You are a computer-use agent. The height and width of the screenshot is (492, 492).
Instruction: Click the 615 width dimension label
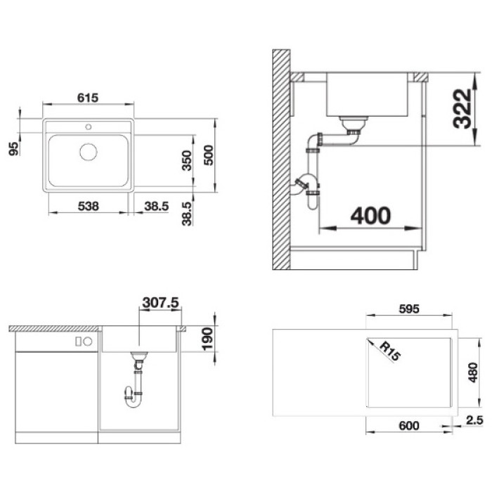(88, 98)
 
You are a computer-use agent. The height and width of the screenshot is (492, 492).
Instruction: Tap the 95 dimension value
(14, 149)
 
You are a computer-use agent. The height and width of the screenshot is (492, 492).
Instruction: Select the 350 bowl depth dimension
(187, 160)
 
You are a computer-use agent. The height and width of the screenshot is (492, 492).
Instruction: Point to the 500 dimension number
(208, 155)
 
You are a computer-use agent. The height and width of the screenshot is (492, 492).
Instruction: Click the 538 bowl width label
(88, 206)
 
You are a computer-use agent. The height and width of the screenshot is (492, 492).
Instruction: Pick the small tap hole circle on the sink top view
(89, 127)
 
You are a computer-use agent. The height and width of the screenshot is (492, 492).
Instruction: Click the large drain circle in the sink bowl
(88, 152)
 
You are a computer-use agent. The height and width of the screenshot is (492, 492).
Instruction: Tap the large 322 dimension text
(462, 109)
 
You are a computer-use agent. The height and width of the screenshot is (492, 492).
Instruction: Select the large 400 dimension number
(370, 216)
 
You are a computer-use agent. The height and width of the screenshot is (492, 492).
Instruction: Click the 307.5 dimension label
(160, 303)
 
